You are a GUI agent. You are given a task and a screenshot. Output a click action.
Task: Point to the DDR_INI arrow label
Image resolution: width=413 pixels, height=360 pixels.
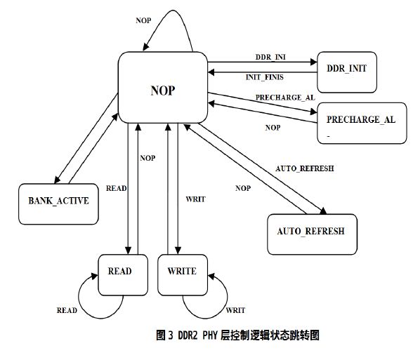(270, 57)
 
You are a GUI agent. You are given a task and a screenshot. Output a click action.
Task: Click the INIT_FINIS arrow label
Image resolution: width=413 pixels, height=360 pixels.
(264, 77)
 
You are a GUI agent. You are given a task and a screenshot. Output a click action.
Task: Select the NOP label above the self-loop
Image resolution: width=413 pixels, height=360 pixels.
(143, 20)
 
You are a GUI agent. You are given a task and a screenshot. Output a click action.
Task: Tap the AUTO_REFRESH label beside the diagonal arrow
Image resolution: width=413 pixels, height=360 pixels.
(305, 168)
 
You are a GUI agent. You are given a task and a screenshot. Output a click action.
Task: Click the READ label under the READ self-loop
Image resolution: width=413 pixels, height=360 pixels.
(67, 310)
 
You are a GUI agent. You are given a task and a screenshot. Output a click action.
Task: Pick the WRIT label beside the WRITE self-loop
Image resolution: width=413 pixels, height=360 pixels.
(235, 310)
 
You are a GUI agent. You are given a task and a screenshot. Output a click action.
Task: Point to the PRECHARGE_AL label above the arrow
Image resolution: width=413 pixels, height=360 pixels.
(285, 98)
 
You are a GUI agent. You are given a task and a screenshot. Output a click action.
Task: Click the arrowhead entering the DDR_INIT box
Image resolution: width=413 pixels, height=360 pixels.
(314, 62)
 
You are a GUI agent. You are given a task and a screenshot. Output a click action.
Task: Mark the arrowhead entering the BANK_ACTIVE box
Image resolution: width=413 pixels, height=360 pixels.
(57, 180)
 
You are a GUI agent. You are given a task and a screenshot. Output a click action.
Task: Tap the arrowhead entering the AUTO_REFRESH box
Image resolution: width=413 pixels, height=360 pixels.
(324, 211)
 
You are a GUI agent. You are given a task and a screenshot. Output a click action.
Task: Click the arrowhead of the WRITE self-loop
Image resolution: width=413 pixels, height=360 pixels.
(211, 276)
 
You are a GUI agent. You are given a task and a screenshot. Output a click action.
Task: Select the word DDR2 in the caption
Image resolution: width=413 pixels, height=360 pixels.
(188, 335)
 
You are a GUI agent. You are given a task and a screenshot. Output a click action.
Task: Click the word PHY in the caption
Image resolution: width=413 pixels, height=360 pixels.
(209, 335)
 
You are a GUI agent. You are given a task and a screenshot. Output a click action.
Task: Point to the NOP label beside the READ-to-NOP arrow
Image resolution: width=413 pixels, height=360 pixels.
(147, 158)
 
